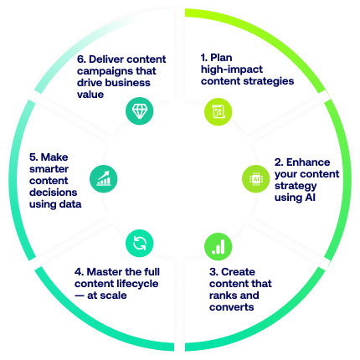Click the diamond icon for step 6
tap(139, 111)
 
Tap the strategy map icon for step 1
tap(219, 111)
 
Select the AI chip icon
tap(255, 178)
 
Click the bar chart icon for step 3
tap(219, 246)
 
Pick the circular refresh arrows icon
tap(139, 243)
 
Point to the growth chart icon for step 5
tap(103, 178)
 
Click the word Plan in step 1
tap(221, 58)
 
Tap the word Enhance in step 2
tap(308, 162)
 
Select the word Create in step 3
tap(238, 272)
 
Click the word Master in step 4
tap(104, 272)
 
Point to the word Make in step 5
tap(54, 157)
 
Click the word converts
tap(232, 307)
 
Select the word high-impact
tap(232, 69)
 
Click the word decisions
tap(54, 193)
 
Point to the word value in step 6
tap(90, 95)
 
